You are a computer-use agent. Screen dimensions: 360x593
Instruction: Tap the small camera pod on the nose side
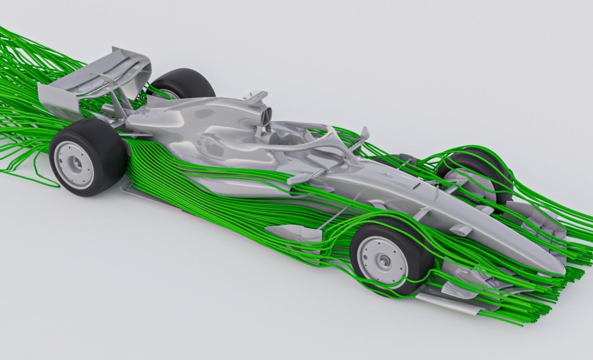click(x=462, y=230)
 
